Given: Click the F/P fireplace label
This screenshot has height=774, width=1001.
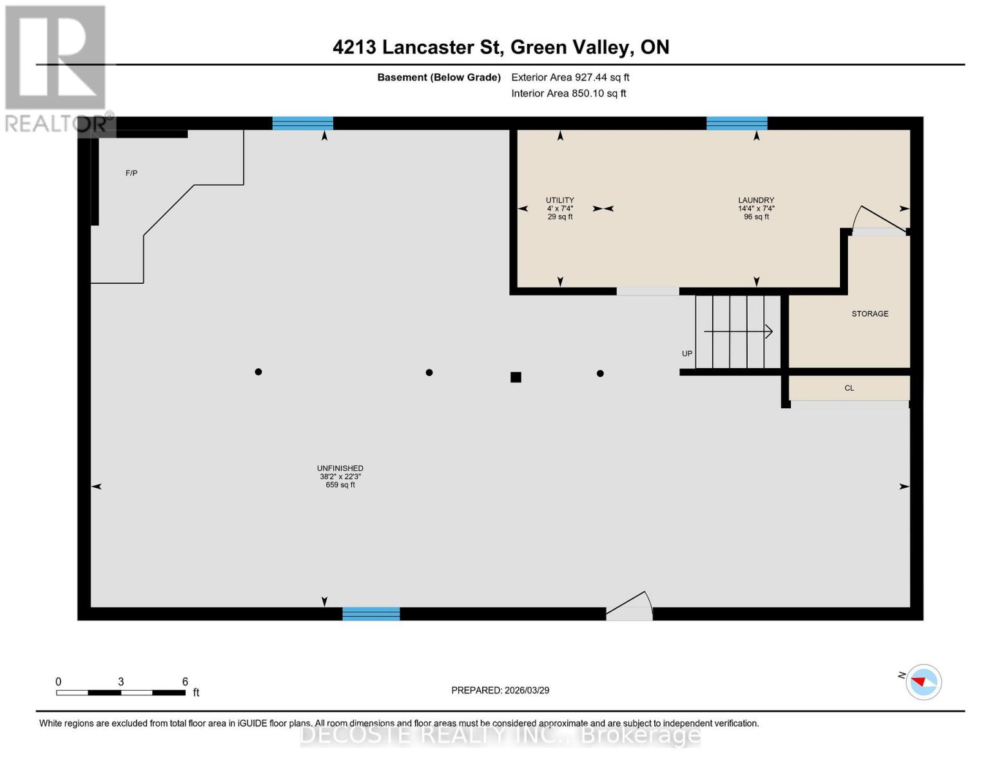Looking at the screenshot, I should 131,173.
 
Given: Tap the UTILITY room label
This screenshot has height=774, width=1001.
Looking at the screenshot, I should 559,201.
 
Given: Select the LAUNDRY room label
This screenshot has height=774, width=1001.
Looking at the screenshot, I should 756,201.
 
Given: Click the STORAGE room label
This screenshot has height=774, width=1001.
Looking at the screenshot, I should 870,313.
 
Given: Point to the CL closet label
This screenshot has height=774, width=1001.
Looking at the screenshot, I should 849,388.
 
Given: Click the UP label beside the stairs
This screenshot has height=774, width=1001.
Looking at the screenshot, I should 687,353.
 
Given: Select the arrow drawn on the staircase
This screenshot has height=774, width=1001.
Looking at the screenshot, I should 738,332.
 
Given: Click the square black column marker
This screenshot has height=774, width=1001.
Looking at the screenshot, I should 516,377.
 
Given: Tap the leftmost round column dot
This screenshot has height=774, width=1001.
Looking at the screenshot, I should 258,372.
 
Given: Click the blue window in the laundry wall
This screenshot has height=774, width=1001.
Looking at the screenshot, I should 737,123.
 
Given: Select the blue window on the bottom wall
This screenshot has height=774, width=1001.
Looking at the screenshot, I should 371,614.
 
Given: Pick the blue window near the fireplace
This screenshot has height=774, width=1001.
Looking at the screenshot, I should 302,123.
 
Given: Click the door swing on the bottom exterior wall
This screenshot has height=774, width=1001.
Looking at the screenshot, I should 630,607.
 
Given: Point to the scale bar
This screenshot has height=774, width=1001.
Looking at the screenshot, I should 121,693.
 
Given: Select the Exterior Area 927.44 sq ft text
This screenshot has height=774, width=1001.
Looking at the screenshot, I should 570,77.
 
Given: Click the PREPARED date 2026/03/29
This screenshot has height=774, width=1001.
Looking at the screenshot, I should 500,690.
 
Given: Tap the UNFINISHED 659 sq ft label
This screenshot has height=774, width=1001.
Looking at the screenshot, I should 340,476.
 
